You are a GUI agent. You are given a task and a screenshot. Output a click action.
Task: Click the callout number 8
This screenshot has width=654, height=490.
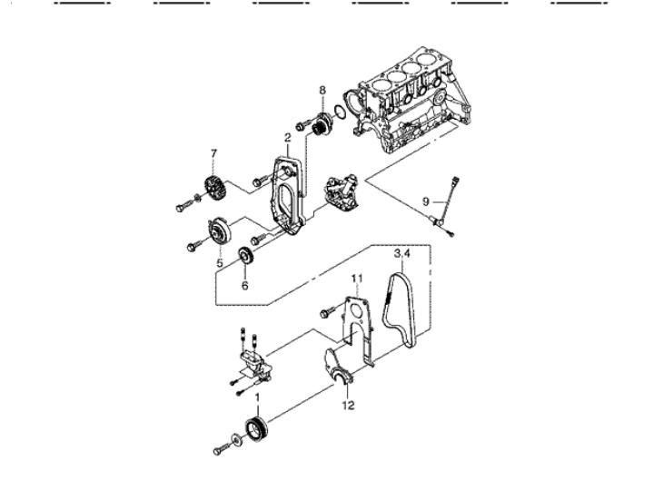coord(322,90)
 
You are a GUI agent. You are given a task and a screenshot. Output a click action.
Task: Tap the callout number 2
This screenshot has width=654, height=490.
coord(288,138)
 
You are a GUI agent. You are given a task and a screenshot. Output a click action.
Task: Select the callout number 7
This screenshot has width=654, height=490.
coord(214,153)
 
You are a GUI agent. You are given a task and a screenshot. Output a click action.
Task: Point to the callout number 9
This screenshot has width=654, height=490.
coord(425,201)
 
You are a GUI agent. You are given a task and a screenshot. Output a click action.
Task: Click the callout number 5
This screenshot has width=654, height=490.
coord(220,263)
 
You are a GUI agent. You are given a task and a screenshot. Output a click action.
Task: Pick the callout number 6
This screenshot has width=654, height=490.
coord(245,286)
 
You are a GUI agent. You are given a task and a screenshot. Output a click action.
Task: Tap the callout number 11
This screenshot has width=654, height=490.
coord(357,278)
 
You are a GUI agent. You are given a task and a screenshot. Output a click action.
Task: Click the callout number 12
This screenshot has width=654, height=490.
coord(348,405)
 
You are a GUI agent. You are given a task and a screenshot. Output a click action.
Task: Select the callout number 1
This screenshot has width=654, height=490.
coord(257,398)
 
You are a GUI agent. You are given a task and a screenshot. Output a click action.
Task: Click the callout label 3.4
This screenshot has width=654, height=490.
coord(402,253)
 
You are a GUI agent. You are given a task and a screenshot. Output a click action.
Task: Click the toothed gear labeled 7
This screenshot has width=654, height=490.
coord(215,189)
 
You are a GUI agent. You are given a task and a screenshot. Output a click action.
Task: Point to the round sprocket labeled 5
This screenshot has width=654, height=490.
coord(220,232)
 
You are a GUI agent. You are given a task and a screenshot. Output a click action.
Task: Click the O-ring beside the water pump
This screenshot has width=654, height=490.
coord(340,113)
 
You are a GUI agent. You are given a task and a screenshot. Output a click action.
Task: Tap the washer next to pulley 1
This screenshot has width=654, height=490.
coord(236,440)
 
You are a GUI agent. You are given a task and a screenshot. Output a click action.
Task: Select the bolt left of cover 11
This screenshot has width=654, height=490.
coord(327,312)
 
